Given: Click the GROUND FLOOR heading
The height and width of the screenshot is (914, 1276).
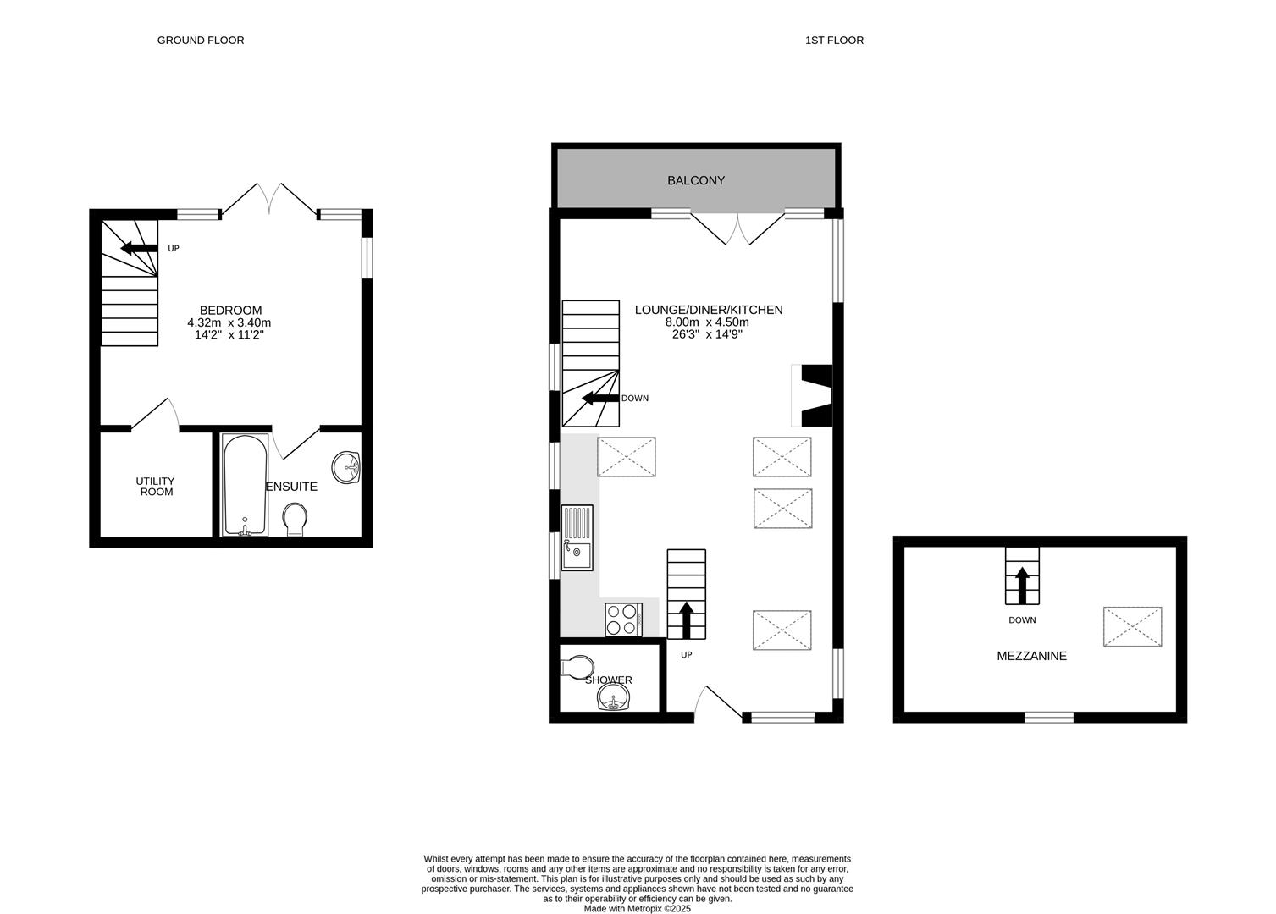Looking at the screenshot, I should pyautogui.click(x=201, y=40).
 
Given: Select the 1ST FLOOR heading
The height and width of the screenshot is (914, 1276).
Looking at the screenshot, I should pyautogui.click(x=834, y=40).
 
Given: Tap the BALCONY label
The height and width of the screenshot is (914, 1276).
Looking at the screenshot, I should pyautogui.click(x=695, y=180).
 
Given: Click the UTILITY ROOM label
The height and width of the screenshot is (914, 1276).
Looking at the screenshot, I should pyautogui.click(x=156, y=486).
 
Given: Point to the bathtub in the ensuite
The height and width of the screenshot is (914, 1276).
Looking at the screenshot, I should pyautogui.click(x=245, y=485).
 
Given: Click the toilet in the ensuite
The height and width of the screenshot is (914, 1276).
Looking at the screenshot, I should pyautogui.click(x=295, y=520).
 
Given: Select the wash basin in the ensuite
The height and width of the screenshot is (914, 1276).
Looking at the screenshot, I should pyautogui.click(x=345, y=466).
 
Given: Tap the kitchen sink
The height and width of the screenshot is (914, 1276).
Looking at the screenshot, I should pyautogui.click(x=577, y=537).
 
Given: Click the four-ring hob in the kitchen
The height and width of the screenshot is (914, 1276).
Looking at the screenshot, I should pyautogui.click(x=622, y=619).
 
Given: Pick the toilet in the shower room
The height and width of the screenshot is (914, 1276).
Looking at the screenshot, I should pyautogui.click(x=578, y=667).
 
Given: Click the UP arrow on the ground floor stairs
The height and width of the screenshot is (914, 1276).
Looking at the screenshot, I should pyautogui.click(x=139, y=248).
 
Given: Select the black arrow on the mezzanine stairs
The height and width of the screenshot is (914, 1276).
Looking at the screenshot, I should pyautogui.click(x=1022, y=585).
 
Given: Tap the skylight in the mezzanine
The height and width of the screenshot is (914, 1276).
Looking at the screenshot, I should pyautogui.click(x=1132, y=626).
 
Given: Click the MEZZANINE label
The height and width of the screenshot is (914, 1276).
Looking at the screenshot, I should pyautogui.click(x=1031, y=656).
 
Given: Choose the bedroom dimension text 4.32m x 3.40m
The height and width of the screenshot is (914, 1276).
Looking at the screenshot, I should pyautogui.click(x=229, y=322).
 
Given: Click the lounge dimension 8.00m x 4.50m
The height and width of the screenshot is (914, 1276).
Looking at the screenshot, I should pyautogui.click(x=708, y=322).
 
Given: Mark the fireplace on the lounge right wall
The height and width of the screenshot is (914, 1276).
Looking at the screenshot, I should pyautogui.click(x=815, y=395).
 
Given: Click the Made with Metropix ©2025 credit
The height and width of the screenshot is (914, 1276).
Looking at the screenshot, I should pyautogui.click(x=638, y=909).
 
